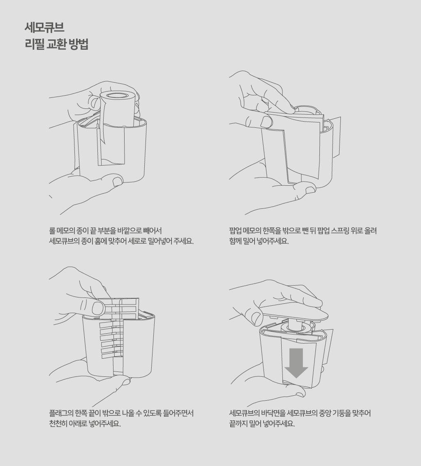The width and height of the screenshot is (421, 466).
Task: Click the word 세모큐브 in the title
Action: click(x=44, y=28)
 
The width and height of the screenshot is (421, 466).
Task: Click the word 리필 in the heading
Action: click(x=35, y=44)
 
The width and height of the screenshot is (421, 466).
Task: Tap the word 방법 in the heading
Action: click(x=78, y=44)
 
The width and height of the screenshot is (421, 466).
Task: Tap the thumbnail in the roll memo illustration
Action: click(x=118, y=181)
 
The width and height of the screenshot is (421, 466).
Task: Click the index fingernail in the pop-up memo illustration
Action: click(x=266, y=122)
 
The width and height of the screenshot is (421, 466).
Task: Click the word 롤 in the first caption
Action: click(x=52, y=231)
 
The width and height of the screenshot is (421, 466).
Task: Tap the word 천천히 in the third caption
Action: click(x=58, y=424)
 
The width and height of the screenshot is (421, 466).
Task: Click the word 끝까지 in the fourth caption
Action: click(x=238, y=424)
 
